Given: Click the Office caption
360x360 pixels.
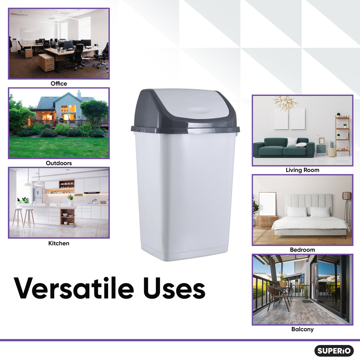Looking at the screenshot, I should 59,84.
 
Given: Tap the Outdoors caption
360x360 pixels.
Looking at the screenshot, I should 59,163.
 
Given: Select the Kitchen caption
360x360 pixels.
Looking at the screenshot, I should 59,243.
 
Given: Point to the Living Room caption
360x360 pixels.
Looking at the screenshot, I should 303,170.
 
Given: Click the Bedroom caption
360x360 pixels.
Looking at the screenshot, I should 303,250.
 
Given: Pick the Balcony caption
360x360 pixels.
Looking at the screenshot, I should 303,329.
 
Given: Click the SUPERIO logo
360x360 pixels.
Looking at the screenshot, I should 334,351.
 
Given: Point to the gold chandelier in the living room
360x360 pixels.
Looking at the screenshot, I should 286,102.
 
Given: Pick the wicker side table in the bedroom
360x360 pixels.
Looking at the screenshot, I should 267,222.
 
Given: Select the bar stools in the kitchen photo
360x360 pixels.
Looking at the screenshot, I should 24,217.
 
